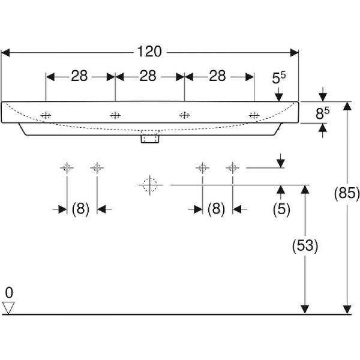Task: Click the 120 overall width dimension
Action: [149, 52]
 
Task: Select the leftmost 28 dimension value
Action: [80, 76]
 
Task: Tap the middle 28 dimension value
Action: [149, 76]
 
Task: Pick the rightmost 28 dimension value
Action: [218, 76]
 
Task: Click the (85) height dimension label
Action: [346, 193]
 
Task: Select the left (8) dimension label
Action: [81, 209]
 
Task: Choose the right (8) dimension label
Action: [217, 209]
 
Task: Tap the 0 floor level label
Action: [8, 293]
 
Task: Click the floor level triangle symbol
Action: [8, 308]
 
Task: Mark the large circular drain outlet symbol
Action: [150, 185]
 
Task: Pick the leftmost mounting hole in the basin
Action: [46, 115]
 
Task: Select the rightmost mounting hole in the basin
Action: [254, 115]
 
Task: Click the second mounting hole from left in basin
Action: [115, 115]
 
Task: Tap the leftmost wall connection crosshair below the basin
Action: [67, 168]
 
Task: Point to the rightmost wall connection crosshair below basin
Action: [232, 168]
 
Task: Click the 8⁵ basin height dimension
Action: [323, 112]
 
